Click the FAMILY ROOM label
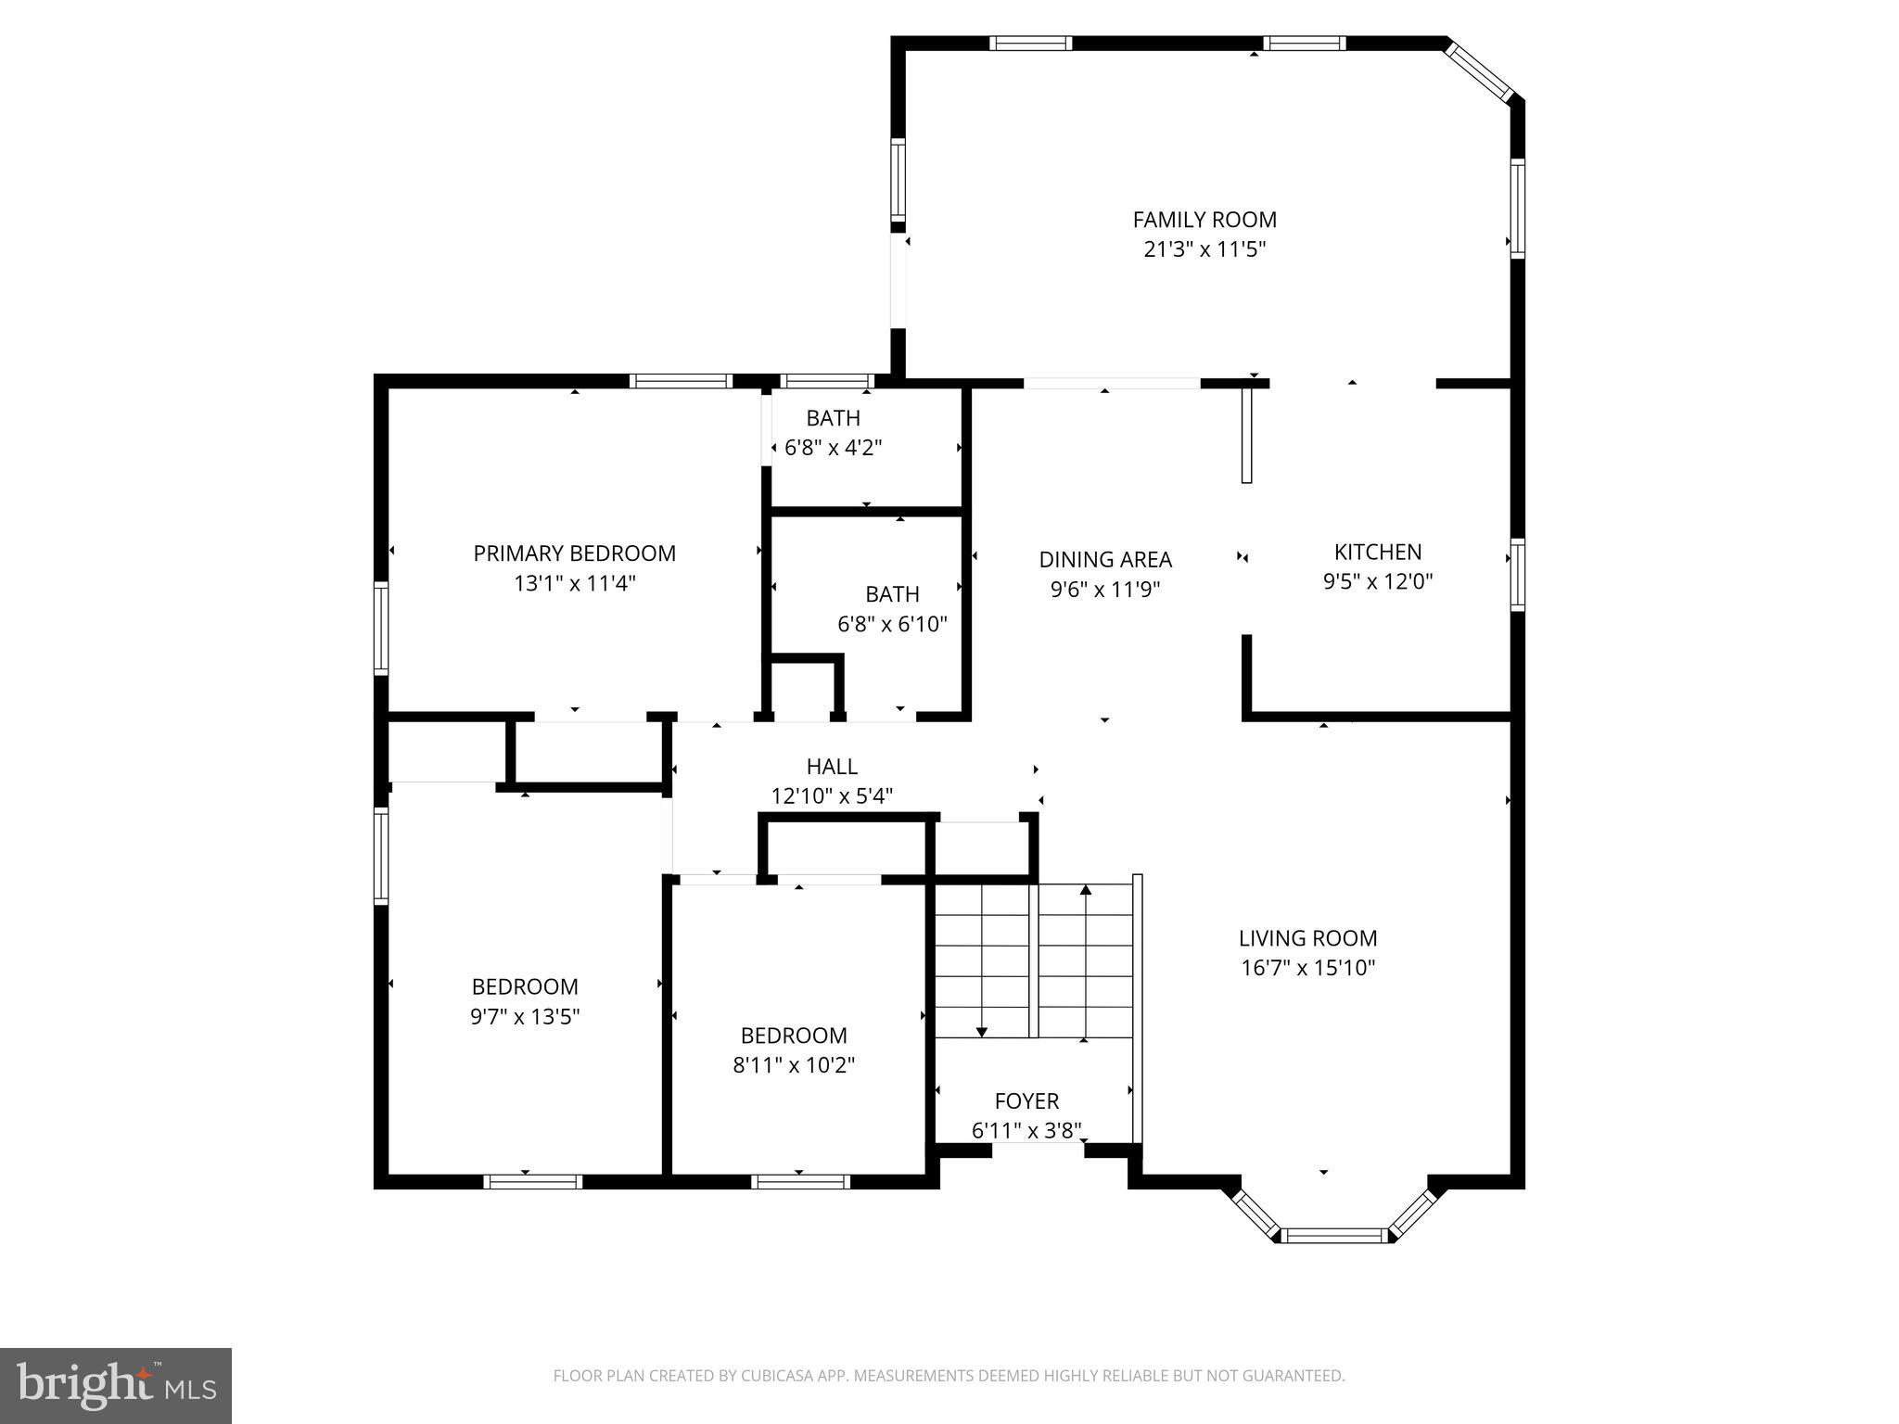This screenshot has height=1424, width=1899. (x=1204, y=220)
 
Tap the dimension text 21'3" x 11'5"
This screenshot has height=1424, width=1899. (x=1204, y=249)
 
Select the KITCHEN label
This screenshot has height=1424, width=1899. (x=1377, y=552)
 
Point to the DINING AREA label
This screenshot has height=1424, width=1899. (x=1104, y=559)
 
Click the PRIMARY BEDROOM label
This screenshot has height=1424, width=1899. (x=574, y=553)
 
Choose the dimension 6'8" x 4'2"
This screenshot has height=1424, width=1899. (x=832, y=448)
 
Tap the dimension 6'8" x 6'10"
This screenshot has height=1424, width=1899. (x=892, y=624)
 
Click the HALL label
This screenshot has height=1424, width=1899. (x=832, y=767)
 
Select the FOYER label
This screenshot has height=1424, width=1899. (x=1026, y=1100)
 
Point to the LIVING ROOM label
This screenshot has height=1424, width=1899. (x=1307, y=937)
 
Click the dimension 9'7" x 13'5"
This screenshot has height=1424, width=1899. (x=525, y=1016)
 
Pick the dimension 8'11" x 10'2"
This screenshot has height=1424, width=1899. (x=794, y=1064)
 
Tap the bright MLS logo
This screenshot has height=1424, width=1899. (x=115, y=1385)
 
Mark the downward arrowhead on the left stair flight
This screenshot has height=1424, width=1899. (x=982, y=1032)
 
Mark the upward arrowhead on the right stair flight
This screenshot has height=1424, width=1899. (x=1086, y=890)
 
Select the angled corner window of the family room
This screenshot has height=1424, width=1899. (x=1479, y=70)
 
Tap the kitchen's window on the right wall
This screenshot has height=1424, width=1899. (x=1517, y=575)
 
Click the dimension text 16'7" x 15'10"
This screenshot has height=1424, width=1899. (x=1307, y=968)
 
